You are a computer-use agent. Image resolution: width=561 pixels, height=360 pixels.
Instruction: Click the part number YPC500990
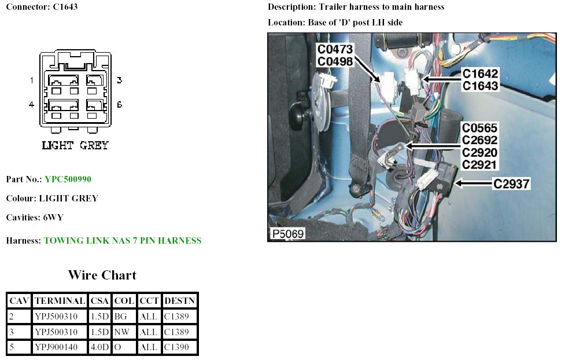[68, 179]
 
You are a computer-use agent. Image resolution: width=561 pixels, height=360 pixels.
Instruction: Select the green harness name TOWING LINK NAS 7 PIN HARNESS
[123, 241]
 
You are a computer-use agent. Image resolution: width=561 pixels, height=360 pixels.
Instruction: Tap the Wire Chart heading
[102, 274]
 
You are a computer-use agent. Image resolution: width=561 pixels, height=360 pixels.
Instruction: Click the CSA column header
[100, 301]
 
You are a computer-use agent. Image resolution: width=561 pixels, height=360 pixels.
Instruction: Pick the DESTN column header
[180, 301]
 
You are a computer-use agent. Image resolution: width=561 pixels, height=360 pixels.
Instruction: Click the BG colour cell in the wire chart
[120, 317]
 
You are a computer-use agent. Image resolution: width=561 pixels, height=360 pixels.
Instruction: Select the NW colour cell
[121, 332]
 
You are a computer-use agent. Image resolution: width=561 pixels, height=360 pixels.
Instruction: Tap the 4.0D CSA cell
[99, 348]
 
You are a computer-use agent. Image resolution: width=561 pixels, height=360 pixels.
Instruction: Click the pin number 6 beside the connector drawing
[119, 105]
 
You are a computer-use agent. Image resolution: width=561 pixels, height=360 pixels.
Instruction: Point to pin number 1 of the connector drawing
[32, 80]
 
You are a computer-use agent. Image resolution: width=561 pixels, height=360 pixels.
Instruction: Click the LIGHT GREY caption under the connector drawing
[75, 145]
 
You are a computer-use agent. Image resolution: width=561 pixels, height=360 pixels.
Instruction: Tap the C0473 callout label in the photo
[335, 50]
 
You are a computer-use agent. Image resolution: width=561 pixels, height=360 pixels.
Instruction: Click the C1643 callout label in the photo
[479, 86]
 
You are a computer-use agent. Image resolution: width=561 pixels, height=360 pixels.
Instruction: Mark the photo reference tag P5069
[287, 234]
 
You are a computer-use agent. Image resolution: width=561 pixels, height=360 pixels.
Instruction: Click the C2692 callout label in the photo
[479, 140]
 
